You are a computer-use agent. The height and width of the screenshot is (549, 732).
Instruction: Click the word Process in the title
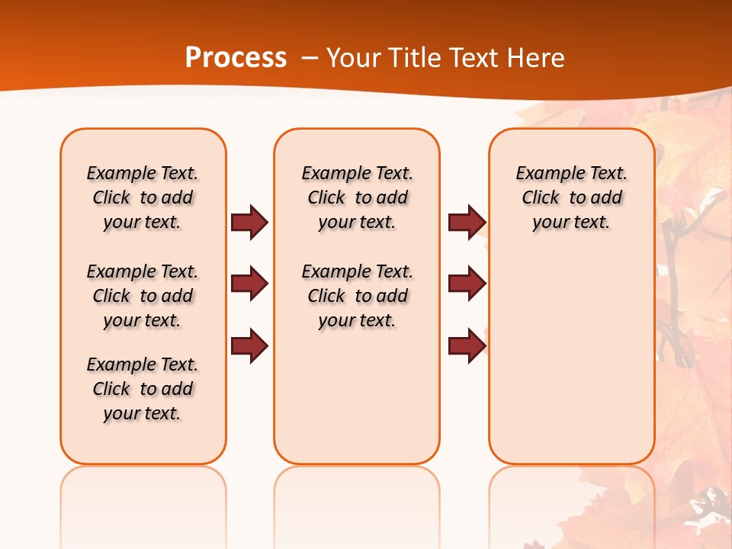coord(236,58)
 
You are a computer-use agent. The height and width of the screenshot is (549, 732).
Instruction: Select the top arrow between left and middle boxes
coord(249,223)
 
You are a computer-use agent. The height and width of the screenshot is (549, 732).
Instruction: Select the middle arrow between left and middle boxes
coord(249,284)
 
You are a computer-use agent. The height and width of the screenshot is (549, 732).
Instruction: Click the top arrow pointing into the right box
coord(467,223)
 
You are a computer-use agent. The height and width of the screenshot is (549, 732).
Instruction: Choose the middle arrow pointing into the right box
coord(467,284)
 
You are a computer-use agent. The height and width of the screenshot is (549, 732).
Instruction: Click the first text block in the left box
coord(143,197)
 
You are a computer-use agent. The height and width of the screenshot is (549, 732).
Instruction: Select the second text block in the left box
coord(143,296)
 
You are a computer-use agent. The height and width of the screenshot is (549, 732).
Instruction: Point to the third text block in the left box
coord(143,389)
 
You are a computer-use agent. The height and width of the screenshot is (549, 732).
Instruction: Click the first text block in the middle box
coord(357,197)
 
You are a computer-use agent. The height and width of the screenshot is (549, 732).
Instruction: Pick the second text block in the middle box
coord(357,296)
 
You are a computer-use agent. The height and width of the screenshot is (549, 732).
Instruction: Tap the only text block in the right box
coord(571,197)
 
